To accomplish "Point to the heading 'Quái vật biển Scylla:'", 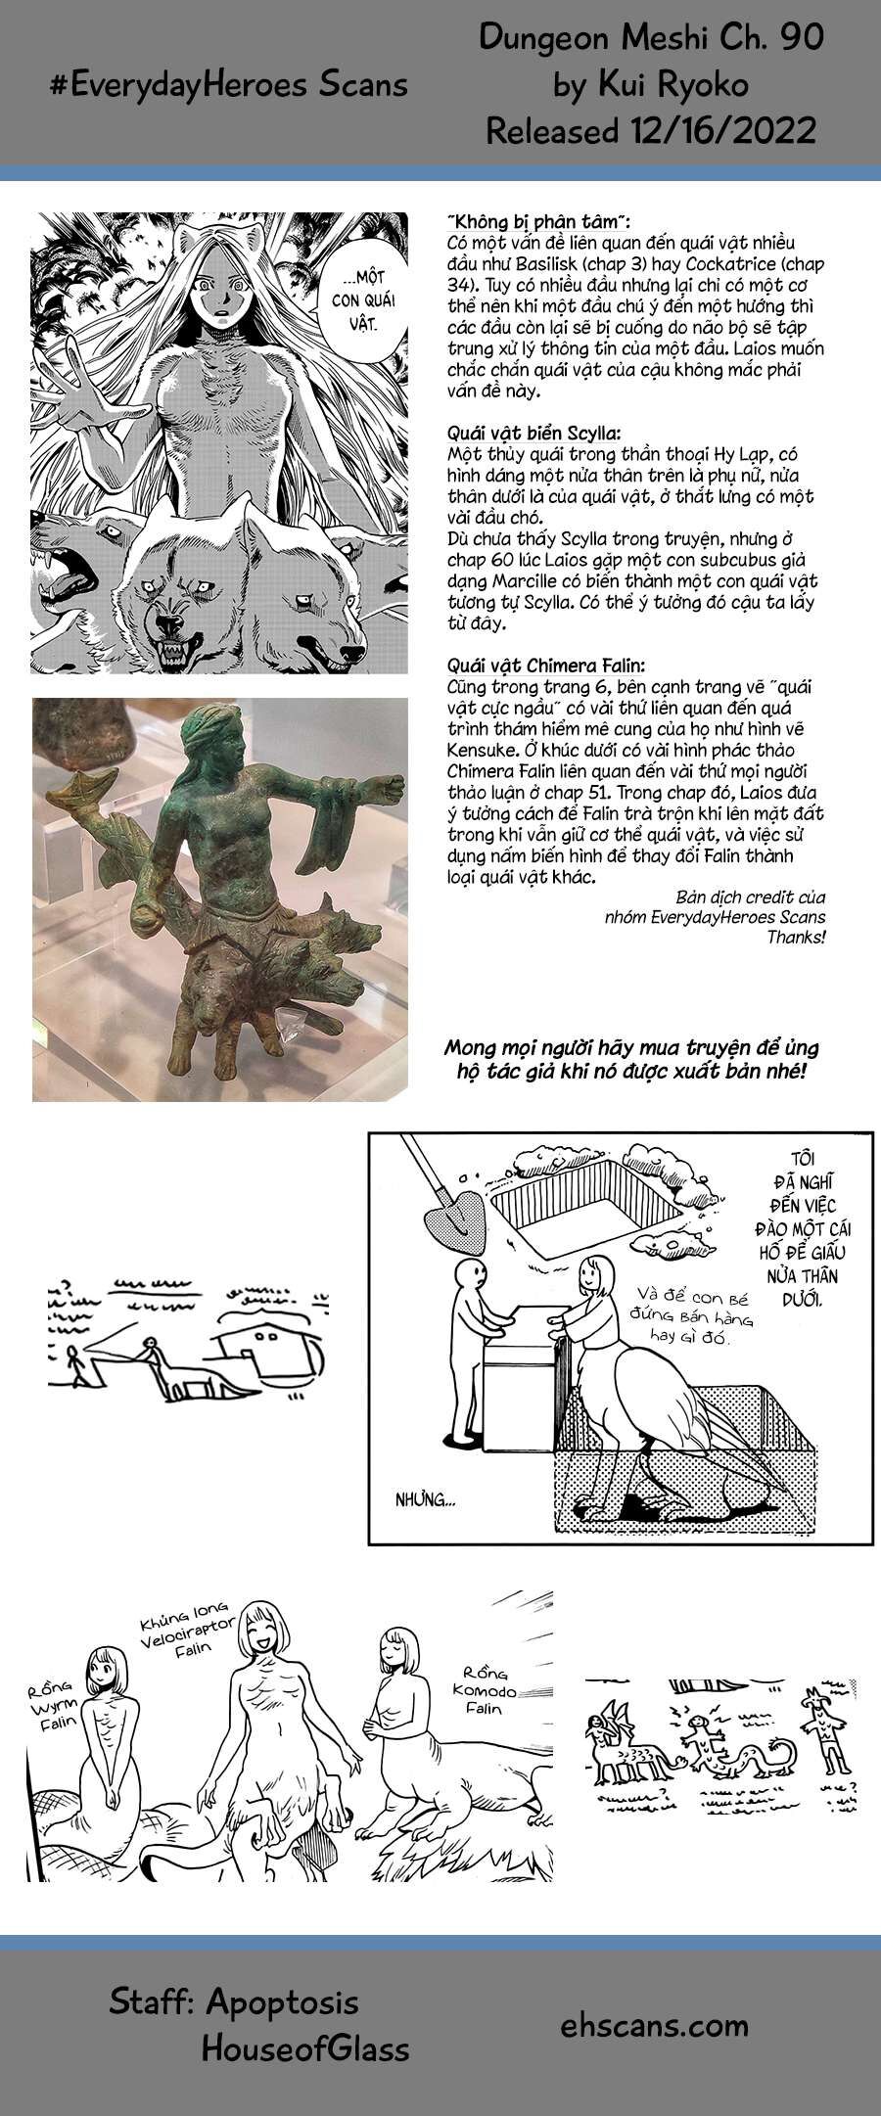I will pos(533,434).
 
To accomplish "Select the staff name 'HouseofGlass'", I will pos(304,2048).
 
